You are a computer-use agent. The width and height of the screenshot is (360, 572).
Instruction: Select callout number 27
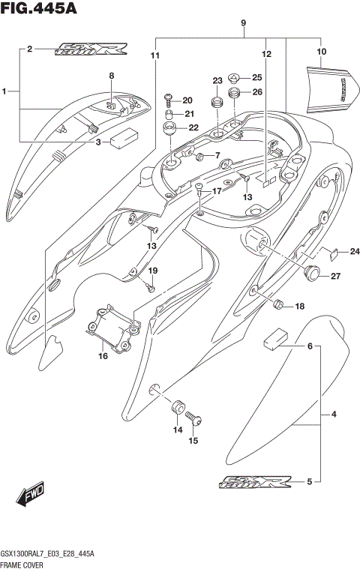pyautogui.click(x=336, y=277)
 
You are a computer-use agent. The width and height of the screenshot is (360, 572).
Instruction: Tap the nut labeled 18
pyautogui.click(x=278, y=304)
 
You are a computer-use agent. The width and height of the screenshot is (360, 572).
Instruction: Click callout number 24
pyautogui.click(x=355, y=250)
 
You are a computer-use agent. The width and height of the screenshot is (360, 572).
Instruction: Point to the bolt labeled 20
pyautogui.click(x=168, y=98)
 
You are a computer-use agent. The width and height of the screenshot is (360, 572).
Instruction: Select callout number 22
pyautogui.click(x=194, y=127)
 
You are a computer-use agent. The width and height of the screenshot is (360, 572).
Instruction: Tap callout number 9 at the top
pyautogui.click(x=244, y=23)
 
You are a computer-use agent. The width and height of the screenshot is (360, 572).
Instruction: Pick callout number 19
pyautogui.click(x=153, y=270)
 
